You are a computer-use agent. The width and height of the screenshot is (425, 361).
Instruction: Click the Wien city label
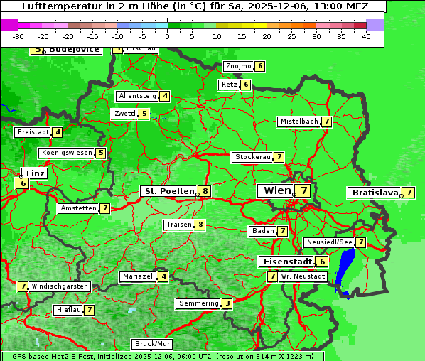(x=277, y=190)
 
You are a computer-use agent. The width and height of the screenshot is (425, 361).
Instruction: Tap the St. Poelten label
(x=168, y=191)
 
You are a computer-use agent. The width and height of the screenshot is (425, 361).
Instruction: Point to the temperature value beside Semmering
(x=227, y=303)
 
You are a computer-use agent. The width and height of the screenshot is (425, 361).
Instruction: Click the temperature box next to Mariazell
(x=163, y=276)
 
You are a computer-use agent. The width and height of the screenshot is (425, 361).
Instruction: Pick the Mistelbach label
(x=298, y=122)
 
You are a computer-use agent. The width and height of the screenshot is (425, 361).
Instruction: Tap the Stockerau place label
(x=252, y=157)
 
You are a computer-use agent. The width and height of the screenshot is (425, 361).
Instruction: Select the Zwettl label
(x=124, y=114)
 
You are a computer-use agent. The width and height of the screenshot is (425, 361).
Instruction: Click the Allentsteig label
(x=137, y=96)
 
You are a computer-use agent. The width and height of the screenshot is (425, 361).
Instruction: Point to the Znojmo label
(x=238, y=66)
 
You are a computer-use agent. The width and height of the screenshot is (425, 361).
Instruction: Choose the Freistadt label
(x=33, y=132)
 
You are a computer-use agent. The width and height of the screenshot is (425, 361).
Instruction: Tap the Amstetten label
(x=78, y=208)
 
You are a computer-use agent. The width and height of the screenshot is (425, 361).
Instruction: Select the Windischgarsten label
(x=60, y=286)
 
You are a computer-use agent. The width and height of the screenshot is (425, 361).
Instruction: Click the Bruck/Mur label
(x=152, y=344)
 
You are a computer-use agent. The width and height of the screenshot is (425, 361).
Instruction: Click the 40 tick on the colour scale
(x=366, y=36)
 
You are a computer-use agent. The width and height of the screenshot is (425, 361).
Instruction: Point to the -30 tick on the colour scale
(x=18, y=36)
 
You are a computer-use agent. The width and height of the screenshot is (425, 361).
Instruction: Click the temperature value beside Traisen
(x=200, y=225)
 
